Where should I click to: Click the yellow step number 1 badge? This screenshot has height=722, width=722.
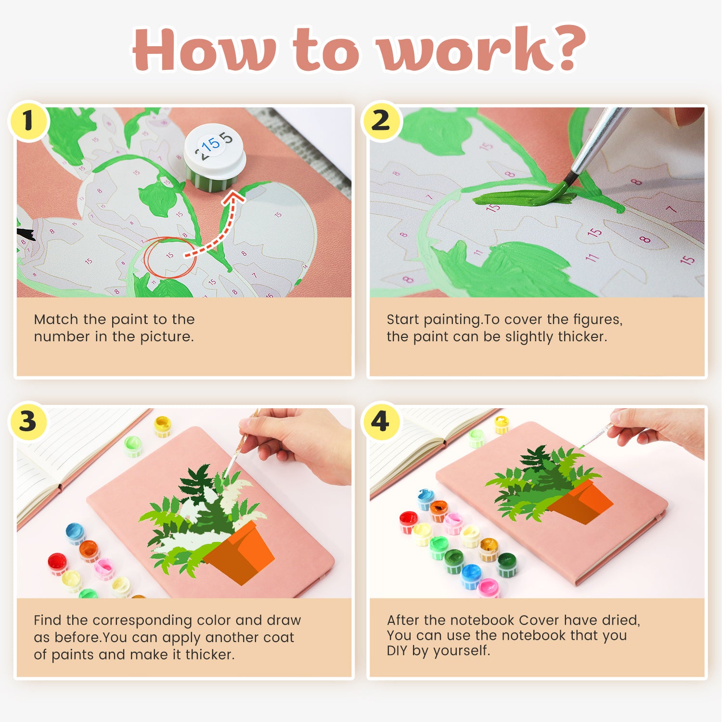point(28,121)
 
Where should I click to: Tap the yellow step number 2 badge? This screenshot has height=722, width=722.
point(381,121)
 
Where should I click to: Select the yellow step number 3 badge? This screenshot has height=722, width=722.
point(28,422)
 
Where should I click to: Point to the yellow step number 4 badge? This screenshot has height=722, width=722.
point(380,422)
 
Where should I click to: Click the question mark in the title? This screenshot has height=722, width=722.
point(567,48)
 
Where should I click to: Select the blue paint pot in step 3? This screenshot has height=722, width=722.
point(75,532)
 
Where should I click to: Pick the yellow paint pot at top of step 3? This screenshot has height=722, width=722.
point(163,425)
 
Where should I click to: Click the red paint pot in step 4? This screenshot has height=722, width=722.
point(409,521)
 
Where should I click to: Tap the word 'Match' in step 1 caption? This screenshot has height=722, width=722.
point(56,320)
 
